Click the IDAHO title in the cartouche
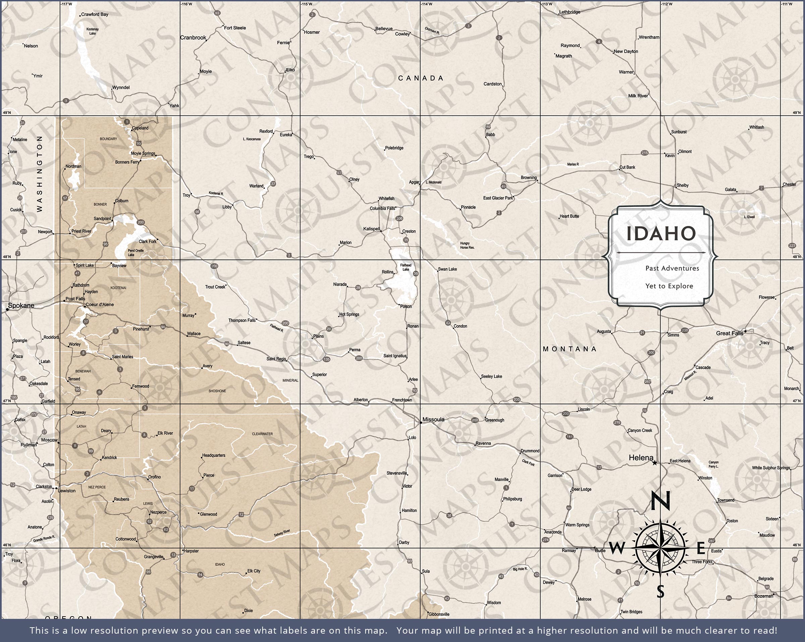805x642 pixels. pos(661,233)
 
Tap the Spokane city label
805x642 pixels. pos(21,305)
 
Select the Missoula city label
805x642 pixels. pos(433,419)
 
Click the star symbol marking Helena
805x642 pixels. pos(654,463)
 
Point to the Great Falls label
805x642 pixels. pos(729,333)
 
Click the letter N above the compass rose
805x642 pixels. pos(660,501)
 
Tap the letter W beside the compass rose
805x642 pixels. pos(618,548)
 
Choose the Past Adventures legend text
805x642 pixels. pos(672,268)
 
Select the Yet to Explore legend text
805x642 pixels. pos(669,286)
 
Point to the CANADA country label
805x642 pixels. pos(421,78)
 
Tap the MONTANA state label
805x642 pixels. pos(570,349)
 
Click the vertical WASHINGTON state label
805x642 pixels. pos(40,174)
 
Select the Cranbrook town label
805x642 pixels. pos(193,38)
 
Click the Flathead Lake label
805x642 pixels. pos(406,267)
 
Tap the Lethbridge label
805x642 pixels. pos(570,12)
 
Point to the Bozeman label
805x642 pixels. pos(763,596)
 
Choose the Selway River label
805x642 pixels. pos(282,533)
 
